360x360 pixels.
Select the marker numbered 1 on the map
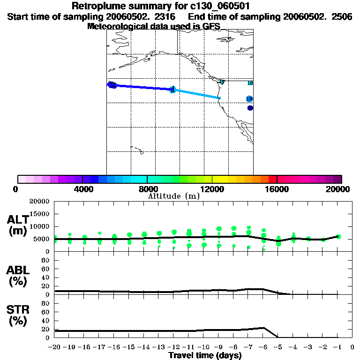coord(172,89)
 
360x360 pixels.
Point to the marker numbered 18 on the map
coord(249,99)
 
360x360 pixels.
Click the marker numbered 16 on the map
coord(250,83)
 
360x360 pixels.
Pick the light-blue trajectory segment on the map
coord(197,94)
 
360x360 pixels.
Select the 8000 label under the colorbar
coord(147,189)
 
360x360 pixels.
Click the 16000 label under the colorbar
coord(277,189)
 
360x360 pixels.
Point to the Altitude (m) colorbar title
coord(174,196)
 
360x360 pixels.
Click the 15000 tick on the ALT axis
coord(41,214)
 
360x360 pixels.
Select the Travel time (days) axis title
coord(205,356)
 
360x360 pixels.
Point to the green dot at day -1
coord(338,237)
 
